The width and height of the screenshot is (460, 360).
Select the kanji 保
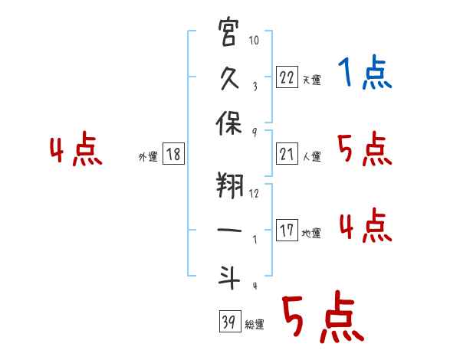[x=229, y=127]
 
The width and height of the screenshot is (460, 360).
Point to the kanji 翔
[x=229, y=188]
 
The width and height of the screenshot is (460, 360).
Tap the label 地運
[x=311, y=233]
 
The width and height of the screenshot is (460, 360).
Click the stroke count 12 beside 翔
[x=255, y=193]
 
